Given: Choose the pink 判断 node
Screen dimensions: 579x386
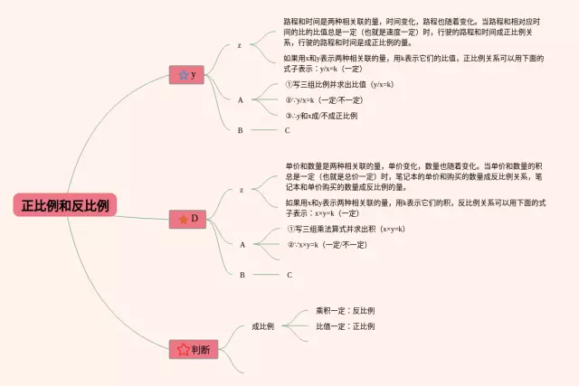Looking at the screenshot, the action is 194,349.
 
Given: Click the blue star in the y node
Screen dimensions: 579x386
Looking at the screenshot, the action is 183,75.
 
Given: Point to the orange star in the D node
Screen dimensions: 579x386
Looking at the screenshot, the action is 183,219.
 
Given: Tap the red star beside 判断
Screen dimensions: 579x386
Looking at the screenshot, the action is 183,349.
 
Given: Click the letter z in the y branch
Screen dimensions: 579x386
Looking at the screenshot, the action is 239,45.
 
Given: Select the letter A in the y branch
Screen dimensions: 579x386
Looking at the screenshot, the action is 241,99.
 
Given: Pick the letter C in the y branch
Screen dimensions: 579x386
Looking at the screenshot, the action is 287,130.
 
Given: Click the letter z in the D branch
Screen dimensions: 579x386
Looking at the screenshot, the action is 242,190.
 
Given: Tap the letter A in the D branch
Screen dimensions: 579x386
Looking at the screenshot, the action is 242,244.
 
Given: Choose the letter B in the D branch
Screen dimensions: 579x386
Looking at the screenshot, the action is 242,274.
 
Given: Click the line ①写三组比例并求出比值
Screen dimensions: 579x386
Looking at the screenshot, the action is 338,84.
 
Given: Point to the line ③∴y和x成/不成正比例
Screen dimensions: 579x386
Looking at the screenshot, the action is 321,116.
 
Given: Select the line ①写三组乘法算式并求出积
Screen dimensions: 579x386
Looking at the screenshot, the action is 346,229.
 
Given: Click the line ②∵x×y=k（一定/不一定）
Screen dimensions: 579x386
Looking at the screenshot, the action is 327,244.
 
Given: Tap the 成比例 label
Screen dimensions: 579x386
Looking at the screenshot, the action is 263,325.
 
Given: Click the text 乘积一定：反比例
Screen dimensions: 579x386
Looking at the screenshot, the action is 345,310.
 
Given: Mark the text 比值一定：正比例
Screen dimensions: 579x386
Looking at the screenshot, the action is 345,326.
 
